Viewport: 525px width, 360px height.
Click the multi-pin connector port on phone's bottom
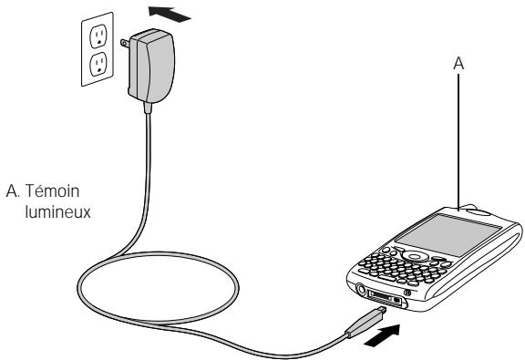pyautogui.click(x=387, y=299)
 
